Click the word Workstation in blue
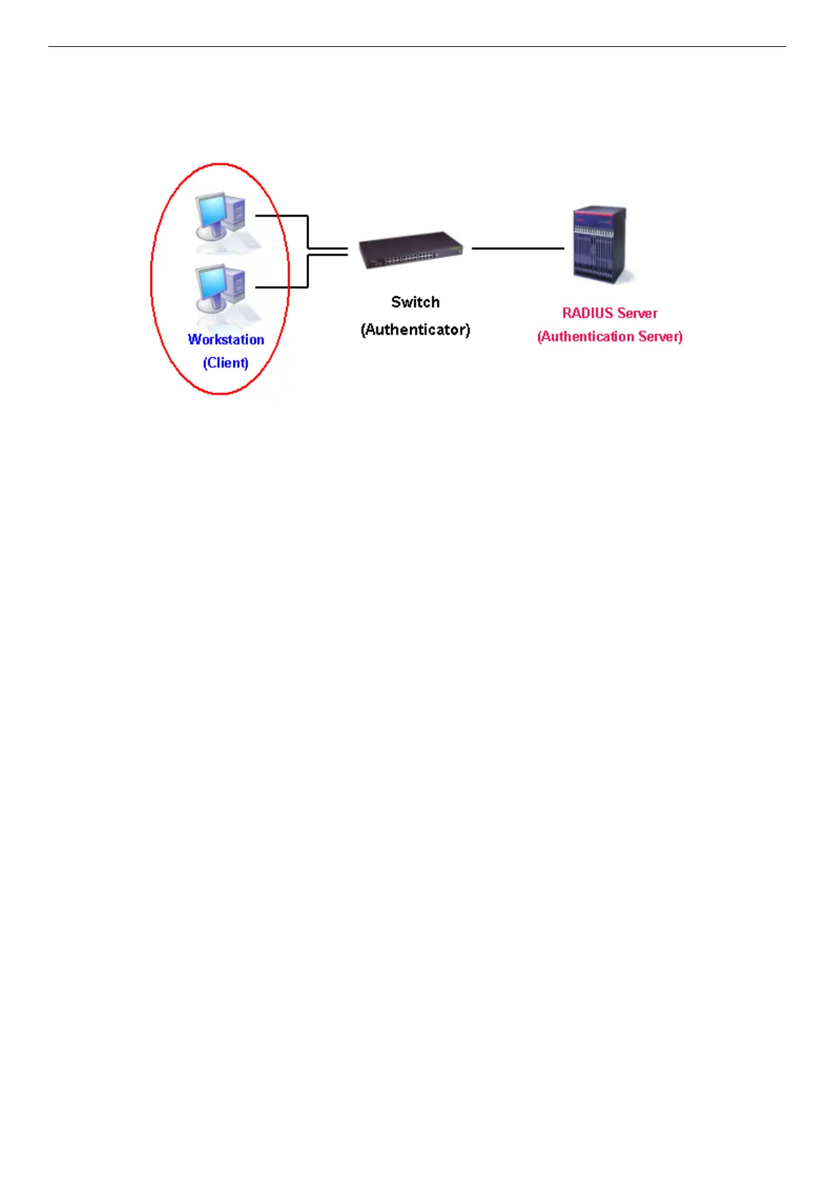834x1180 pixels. [226, 340]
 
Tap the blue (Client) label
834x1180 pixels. [226, 363]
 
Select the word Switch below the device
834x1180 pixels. [416, 303]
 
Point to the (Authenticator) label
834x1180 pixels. [416, 329]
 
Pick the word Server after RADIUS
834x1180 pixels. [638, 313]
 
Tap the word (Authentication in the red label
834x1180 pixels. [585, 337]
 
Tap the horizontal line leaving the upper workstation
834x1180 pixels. [280, 216]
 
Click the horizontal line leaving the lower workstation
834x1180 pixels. [280, 287]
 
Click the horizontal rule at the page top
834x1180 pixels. [417, 47]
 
